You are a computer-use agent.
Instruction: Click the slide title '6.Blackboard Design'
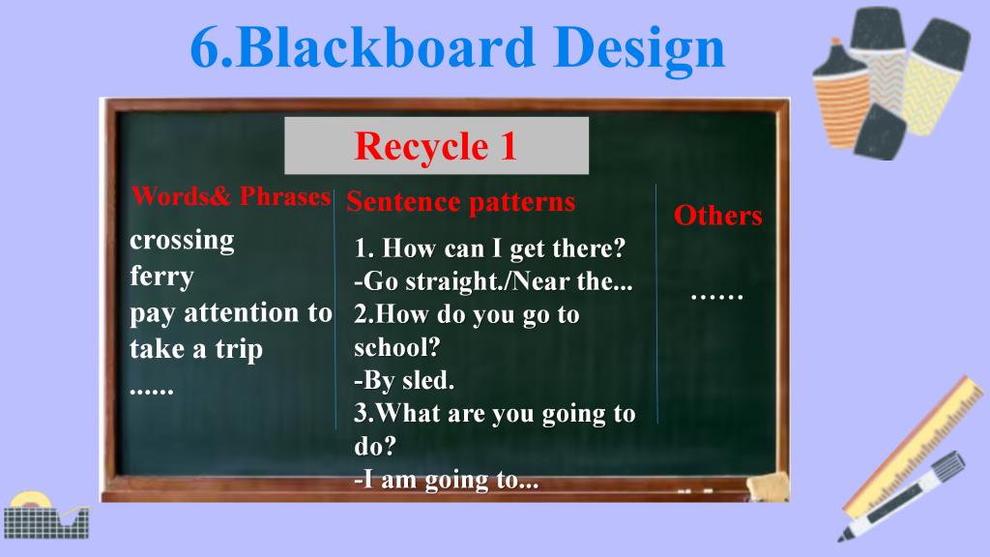pos(457,48)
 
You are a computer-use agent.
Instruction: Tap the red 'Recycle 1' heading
pos(436,146)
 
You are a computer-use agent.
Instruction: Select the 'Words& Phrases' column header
pos(231,196)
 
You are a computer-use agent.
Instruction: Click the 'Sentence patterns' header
pos(461,202)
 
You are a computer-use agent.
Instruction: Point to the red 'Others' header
pos(718,216)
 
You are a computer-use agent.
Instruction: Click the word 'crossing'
pos(182,241)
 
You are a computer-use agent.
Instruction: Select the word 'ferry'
pos(161,278)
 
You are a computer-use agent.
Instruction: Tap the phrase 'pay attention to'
pos(230,314)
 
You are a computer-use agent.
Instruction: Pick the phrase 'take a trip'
pos(195,350)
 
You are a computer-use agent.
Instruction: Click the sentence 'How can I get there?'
pos(503,249)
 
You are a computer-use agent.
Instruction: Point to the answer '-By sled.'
pos(404,380)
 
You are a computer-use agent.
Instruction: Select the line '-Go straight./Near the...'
pos(493,281)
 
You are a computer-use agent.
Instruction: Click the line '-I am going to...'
pos(447,480)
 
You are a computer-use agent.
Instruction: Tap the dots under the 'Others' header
pos(716,296)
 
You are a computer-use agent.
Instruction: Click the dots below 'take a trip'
pos(152,391)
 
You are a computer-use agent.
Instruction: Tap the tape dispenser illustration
pos(45,515)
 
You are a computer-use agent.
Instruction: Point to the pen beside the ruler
pos(902,496)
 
